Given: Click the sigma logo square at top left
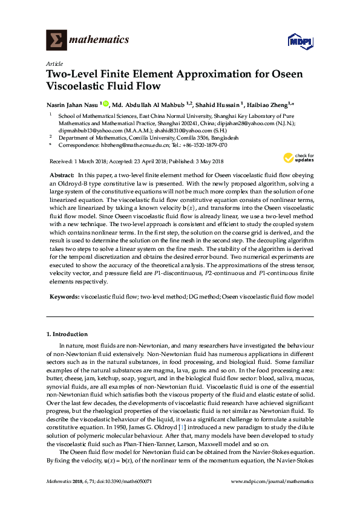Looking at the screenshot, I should coord(56,40).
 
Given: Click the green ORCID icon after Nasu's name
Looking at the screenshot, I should coord(106,103).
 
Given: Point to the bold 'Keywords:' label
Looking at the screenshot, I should coord(64,297).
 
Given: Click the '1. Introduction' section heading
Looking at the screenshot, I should coord(67,334).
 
